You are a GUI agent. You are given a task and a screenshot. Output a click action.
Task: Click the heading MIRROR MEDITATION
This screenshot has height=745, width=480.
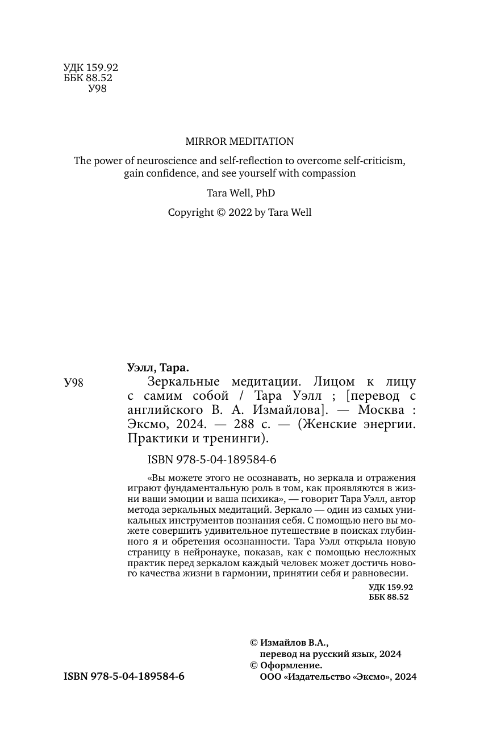pos(240,141)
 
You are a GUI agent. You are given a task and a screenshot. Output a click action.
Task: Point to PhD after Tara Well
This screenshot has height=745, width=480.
pos(265,193)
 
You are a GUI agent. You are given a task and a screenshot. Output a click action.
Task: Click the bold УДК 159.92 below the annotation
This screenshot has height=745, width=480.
pos(390,587)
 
